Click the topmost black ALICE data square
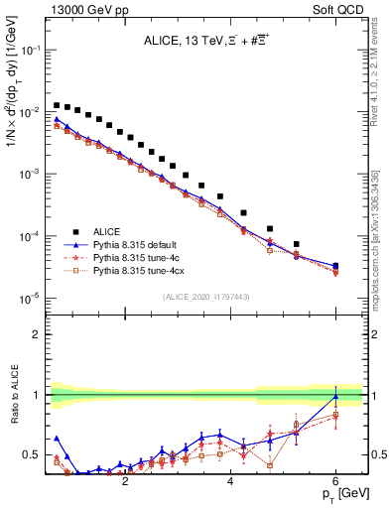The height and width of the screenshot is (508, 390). pos(58,105)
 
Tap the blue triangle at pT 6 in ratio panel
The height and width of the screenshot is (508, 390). pos(335,397)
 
